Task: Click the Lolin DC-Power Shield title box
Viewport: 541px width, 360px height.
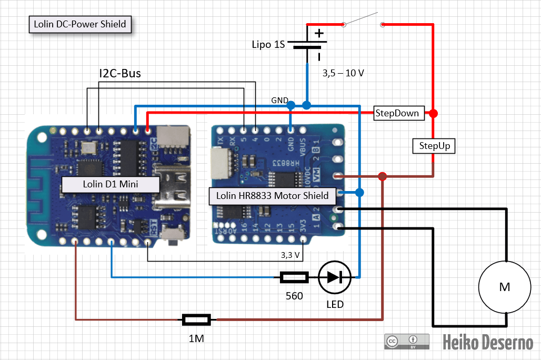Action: [x=80, y=24]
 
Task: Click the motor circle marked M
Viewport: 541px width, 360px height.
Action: [x=504, y=287]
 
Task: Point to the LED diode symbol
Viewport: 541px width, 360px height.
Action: [x=335, y=277]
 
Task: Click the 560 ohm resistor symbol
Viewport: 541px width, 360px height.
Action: [x=294, y=277]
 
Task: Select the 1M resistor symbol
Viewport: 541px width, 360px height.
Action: [x=196, y=319]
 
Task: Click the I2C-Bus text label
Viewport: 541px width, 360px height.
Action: [x=120, y=74]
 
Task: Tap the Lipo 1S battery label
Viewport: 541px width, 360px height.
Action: [x=268, y=45]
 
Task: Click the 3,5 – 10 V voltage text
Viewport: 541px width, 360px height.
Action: [x=343, y=74]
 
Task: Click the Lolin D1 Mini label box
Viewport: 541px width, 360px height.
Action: [x=111, y=184]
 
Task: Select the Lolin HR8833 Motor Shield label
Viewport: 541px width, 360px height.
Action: [x=272, y=196]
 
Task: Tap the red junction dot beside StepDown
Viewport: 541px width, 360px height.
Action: [x=433, y=113]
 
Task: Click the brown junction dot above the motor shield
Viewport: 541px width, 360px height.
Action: [x=383, y=176]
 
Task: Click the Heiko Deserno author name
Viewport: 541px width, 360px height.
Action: [x=487, y=343]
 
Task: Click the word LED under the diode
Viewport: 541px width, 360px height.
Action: [x=335, y=305]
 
